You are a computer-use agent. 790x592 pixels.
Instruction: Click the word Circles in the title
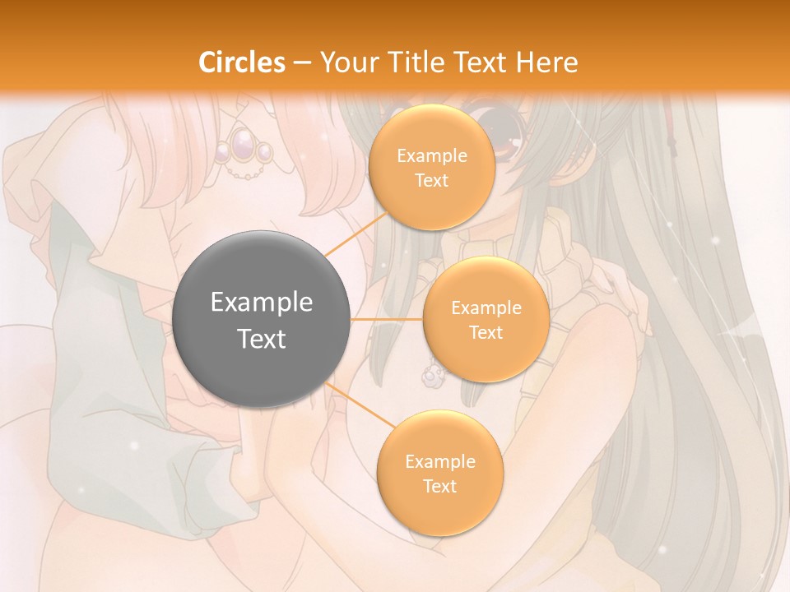click(241, 62)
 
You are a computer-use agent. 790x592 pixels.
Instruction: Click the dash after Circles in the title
click(301, 63)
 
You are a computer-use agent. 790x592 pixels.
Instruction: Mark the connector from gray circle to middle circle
click(387, 319)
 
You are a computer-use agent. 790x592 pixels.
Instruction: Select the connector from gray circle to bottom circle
click(359, 405)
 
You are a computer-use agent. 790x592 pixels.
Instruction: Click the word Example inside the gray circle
click(262, 302)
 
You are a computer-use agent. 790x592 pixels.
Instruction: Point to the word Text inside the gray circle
click(262, 339)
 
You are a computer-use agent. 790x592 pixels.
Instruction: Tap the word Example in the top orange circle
click(431, 155)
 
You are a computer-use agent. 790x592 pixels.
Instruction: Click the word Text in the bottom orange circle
click(439, 486)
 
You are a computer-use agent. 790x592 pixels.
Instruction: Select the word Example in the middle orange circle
click(486, 308)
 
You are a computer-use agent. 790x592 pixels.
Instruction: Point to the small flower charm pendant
click(430, 377)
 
